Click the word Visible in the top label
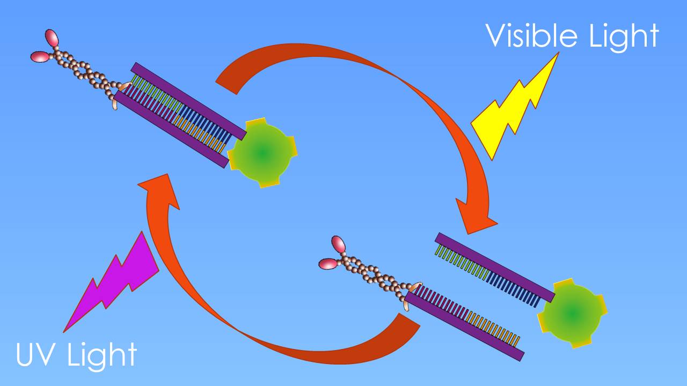coord(528,36)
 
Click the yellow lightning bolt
coord(513,107)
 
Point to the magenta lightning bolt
coord(115,284)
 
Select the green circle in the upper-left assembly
coord(262,153)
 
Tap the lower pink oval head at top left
coord(39,56)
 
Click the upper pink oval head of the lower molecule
coord(339,244)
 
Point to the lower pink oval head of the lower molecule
coord(327,264)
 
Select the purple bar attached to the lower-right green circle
coord(494,267)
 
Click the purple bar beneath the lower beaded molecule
coord(464,327)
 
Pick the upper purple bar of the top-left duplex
coord(188,99)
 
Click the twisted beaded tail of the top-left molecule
coord(86,70)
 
